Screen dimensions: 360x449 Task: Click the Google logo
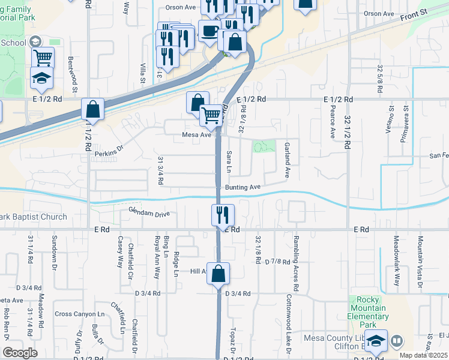(20, 353)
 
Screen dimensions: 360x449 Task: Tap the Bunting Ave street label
(243, 187)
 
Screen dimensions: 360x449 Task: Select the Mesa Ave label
(197, 135)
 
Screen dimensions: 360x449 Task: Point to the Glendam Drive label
(149, 212)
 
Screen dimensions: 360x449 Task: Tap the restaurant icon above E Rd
(223, 214)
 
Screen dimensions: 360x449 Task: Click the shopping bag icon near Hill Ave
(218, 273)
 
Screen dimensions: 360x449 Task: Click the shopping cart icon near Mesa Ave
(211, 115)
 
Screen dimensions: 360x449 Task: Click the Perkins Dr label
(109, 154)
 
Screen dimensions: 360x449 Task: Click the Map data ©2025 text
(423, 355)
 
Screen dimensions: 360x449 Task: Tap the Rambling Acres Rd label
(297, 254)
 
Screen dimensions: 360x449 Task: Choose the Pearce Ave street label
(332, 122)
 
